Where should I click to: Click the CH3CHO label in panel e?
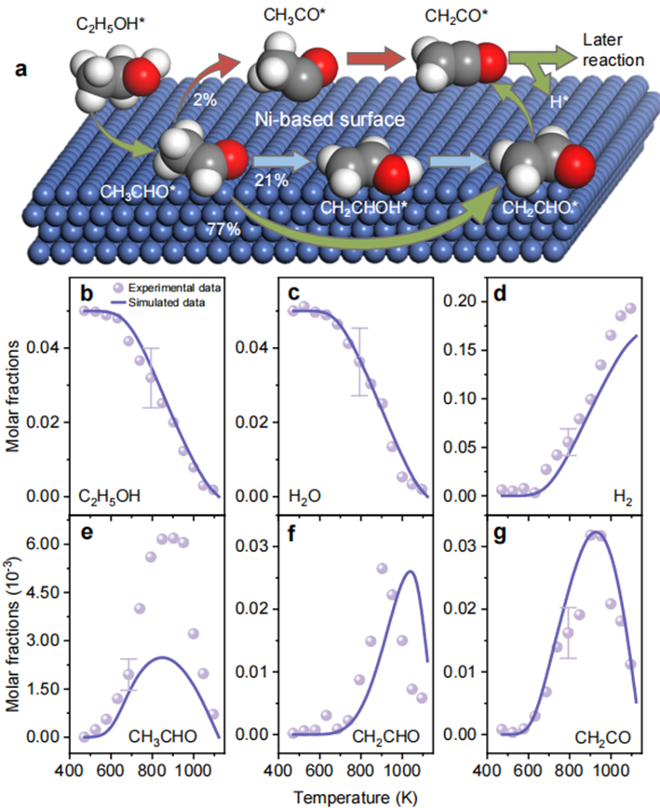pyautogui.click(x=164, y=737)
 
